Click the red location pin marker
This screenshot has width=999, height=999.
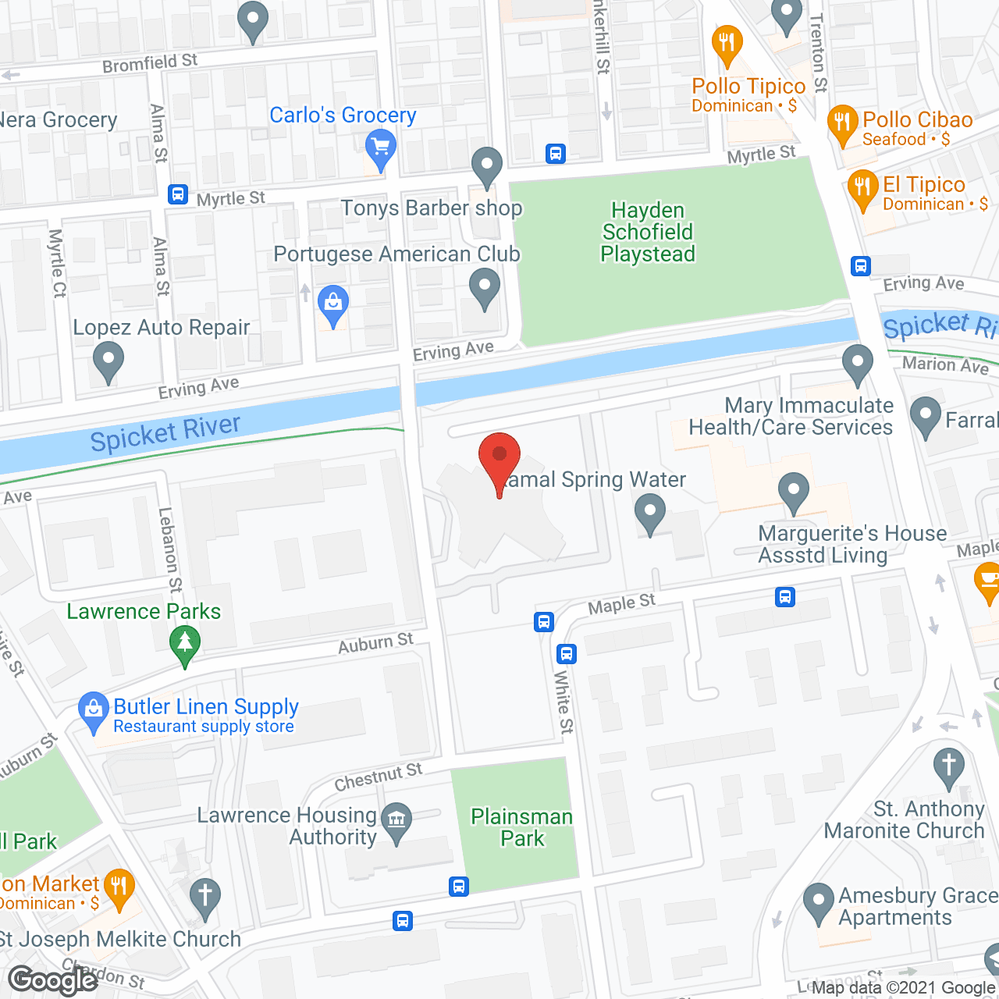(499, 457)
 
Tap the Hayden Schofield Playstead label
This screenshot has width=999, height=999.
(647, 232)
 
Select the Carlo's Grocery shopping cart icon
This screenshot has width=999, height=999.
(380, 148)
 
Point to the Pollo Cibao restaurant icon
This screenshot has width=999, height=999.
(842, 123)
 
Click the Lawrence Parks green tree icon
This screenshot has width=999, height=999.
(185, 644)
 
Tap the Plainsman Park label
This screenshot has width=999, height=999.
(522, 827)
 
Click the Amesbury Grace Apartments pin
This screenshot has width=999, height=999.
(819, 901)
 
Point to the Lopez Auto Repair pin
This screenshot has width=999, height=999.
(108, 361)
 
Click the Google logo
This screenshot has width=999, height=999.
(52, 979)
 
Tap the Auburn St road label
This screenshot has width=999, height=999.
(375, 643)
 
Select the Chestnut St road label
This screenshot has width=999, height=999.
(378, 777)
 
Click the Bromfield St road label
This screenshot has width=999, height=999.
(150, 63)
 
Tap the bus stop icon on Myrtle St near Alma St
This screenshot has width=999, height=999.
(178, 194)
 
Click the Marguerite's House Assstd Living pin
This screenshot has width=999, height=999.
(794, 491)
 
